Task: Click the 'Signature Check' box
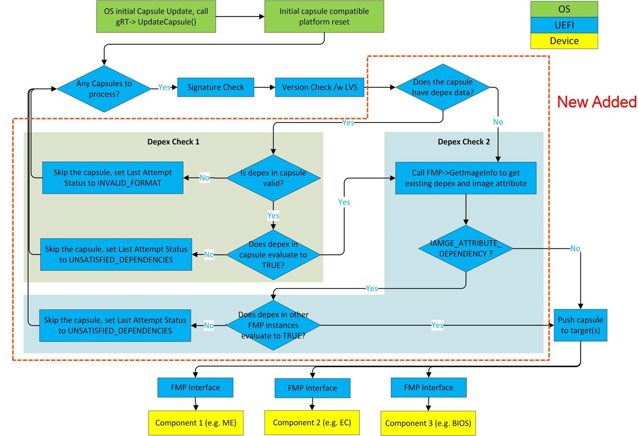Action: (x=215, y=87)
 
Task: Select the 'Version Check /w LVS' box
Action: (x=319, y=87)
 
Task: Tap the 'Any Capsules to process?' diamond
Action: (x=104, y=89)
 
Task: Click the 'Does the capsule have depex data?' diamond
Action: (x=443, y=87)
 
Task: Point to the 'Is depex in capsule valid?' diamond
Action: (x=273, y=178)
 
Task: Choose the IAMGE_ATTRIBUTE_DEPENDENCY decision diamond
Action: (x=465, y=249)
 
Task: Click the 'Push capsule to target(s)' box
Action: (x=580, y=325)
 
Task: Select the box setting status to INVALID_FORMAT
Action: (x=113, y=178)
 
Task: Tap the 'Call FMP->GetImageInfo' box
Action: (x=465, y=178)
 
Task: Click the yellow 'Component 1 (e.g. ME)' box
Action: (x=196, y=423)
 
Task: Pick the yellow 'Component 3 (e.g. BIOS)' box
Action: (x=428, y=423)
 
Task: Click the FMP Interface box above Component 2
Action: (x=312, y=388)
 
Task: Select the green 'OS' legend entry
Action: (x=564, y=9)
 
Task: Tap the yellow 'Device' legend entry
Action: (x=564, y=41)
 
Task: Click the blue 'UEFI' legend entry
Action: (x=564, y=25)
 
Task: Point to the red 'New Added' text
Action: (x=596, y=102)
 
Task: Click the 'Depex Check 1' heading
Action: (x=173, y=142)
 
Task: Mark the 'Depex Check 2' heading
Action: (x=463, y=142)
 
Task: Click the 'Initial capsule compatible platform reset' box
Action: (x=324, y=16)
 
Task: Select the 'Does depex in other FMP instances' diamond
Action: (x=273, y=325)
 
